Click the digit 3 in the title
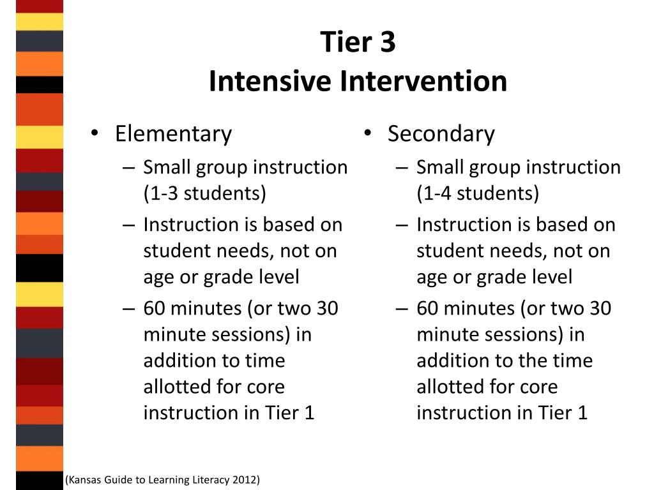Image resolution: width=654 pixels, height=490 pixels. point(388,42)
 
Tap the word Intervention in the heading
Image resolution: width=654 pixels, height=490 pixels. point(423,81)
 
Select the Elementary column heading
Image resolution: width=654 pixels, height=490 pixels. point(174,134)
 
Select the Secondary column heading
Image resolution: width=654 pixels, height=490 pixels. point(441,134)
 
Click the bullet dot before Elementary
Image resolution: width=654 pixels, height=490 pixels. point(95,133)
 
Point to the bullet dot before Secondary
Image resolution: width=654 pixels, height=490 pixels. point(367,133)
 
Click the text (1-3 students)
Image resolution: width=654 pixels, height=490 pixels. point(205,193)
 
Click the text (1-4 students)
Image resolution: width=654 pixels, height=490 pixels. point(478,193)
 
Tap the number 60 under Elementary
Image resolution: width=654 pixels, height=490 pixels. point(155,309)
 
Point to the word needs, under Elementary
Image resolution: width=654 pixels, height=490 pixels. point(243,251)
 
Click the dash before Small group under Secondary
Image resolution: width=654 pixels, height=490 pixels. point(402,168)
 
